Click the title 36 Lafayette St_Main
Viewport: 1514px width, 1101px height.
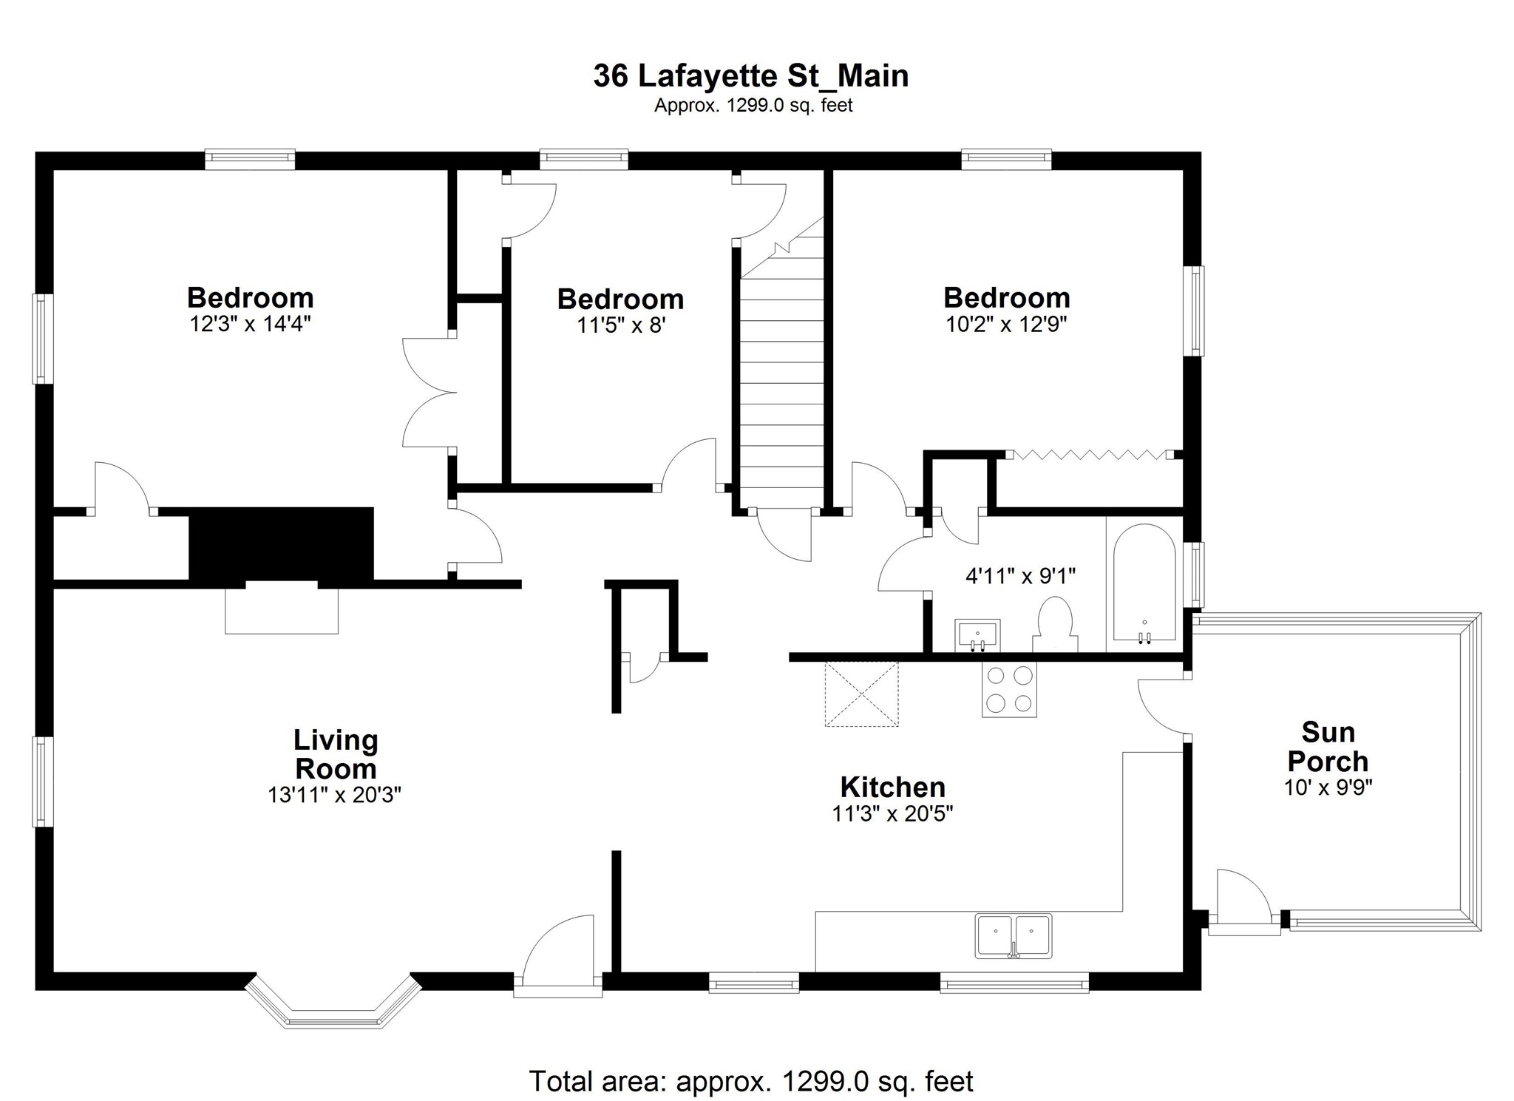click(751, 76)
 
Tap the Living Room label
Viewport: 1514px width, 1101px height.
click(336, 754)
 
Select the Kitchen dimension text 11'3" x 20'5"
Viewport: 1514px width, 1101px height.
click(892, 814)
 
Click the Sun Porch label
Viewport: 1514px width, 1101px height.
click(1328, 747)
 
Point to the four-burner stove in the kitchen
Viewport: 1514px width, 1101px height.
click(1009, 689)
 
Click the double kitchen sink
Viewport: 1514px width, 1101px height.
click(1013, 936)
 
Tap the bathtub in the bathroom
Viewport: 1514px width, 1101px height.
click(1144, 583)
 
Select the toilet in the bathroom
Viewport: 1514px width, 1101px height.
click(1055, 625)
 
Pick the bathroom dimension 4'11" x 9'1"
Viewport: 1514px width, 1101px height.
click(1020, 575)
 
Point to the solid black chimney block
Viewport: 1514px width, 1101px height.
click(281, 543)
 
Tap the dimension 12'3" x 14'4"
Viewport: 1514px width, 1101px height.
click(250, 324)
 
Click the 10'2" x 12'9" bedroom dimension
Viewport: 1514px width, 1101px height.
click(1007, 324)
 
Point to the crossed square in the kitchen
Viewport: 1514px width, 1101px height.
click(861, 694)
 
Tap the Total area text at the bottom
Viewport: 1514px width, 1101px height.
click(751, 1081)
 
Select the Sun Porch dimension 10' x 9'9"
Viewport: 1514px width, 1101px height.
click(1328, 787)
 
